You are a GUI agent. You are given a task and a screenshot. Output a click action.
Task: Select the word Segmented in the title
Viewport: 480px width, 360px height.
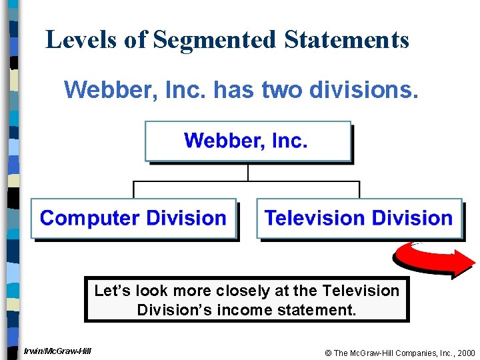pyautogui.click(x=214, y=40)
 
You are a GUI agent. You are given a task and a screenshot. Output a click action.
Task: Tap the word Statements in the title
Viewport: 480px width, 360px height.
pyautogui.click(x=346, y=40)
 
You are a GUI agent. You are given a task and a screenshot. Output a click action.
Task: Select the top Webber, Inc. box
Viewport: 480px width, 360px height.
pyautogui.click(x=247, y=141)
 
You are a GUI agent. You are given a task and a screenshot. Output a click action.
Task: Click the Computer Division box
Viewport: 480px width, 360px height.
pyautogui.click(x=133, y=218)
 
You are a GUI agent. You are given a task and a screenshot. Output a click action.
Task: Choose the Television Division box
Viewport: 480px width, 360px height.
pyautogui.click(x=359, y=218)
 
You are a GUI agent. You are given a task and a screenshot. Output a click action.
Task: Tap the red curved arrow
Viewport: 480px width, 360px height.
pyautogui.click(x=433, y=259)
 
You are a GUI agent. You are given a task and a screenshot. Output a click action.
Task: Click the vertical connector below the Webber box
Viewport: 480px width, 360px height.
pyautogui.click(x=247, y=172)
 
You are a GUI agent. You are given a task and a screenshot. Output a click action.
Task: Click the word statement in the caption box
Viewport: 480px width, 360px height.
pyautogui.click(x=324, y=310)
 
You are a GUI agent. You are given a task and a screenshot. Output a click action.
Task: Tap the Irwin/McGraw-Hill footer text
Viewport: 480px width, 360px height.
pyautogui.click(x=57, y=351)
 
